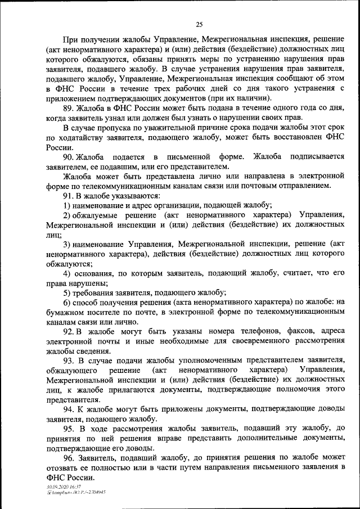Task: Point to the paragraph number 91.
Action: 69,196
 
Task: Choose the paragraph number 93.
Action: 69,360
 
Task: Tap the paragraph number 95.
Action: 69,429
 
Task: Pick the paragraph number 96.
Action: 69,458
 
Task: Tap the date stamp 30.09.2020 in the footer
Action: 58,487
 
